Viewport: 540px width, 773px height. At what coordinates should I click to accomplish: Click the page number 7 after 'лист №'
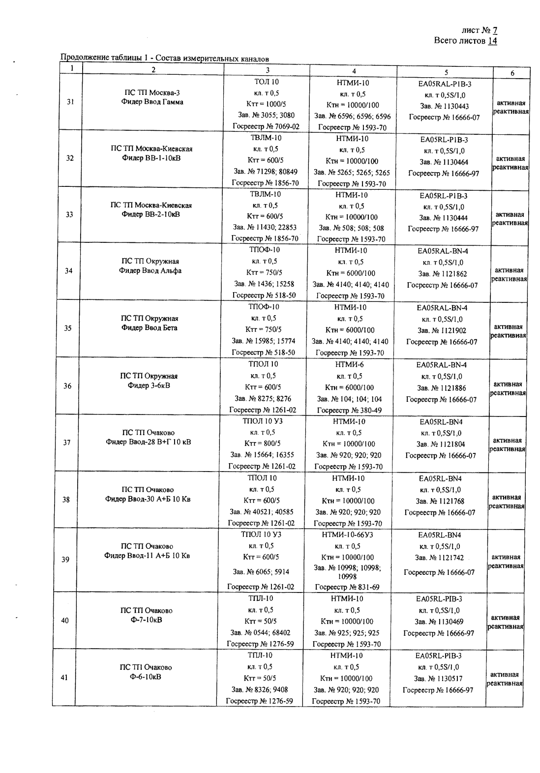click(495, 30)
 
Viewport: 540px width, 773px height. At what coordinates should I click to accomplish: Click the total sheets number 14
click(492, 41)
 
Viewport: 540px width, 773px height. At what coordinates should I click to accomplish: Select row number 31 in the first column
click(70, 102)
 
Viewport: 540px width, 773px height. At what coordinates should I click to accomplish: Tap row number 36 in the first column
click(68, 386)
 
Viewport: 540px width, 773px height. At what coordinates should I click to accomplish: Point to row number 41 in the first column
click(64, 678)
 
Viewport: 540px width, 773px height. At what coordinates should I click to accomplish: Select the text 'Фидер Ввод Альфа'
click(150, 270)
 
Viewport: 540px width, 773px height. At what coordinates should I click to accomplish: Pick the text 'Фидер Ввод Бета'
click(150, 327)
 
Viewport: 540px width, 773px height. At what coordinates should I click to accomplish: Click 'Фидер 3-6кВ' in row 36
click(149, 385)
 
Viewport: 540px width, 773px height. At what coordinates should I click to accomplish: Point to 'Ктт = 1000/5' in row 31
click(266, 104)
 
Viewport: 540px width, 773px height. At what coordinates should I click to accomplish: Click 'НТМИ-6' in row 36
click(349, 364)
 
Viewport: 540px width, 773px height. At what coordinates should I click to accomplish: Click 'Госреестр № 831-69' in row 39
click(347, 587)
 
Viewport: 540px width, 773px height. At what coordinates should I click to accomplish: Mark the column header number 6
click(512, 73)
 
